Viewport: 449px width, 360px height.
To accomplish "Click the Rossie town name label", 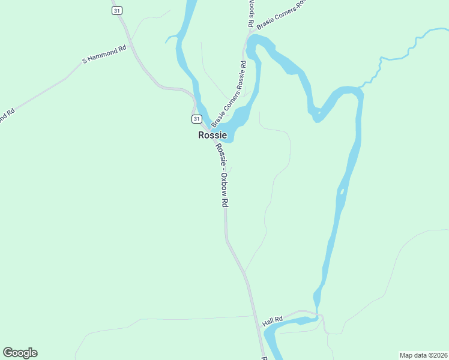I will point(212,136).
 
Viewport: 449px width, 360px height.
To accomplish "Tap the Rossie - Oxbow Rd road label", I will point(221,175).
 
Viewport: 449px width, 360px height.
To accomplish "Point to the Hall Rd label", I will point(272,322).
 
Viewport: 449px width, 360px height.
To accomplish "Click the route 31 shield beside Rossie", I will point(196,119).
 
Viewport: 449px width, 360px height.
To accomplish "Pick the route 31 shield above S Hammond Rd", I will point(116,10).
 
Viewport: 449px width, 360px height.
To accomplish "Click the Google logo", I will point(20,353).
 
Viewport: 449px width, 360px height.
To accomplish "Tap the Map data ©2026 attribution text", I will point(424,355).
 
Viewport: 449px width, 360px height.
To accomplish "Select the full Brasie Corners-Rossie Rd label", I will point(229,93).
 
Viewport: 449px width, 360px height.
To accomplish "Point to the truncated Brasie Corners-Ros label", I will point(281,15).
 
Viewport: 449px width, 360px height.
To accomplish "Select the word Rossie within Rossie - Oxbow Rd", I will point(220,155).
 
